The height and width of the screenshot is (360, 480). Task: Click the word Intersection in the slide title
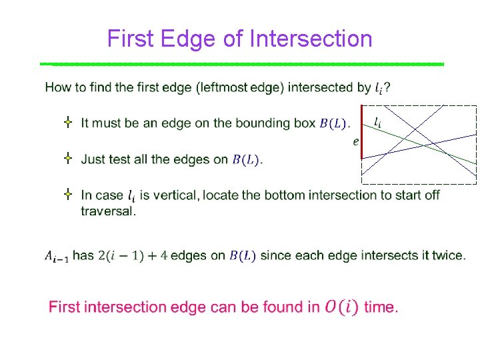311,39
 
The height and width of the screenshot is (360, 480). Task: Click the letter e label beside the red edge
355,141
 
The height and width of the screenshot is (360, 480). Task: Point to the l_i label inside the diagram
377,123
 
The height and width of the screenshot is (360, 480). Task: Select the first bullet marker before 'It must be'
68,123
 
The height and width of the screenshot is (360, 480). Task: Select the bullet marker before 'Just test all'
68,159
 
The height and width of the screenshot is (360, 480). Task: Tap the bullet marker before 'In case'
68,195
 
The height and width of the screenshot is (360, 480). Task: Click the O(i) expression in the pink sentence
341,307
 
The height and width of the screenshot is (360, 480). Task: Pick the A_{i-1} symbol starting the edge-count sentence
57,256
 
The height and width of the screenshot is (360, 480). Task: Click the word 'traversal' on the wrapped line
107,211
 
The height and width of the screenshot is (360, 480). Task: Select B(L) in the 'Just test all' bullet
247,159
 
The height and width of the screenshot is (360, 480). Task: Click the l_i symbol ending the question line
379,88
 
